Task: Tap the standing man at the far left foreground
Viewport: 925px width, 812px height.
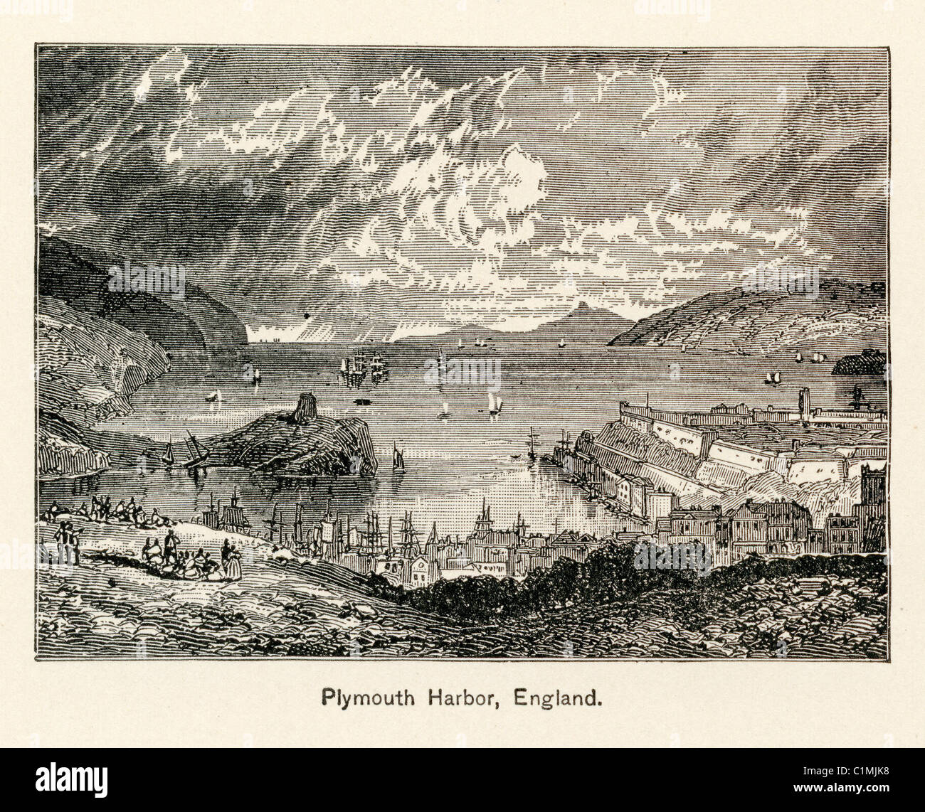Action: pyautogui.click(x=68, y=540)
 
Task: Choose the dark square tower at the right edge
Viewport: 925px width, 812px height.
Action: pyautogui.click(x=872, y=491)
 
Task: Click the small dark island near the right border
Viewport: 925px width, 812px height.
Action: pyautogui.click(x=858, y=364)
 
